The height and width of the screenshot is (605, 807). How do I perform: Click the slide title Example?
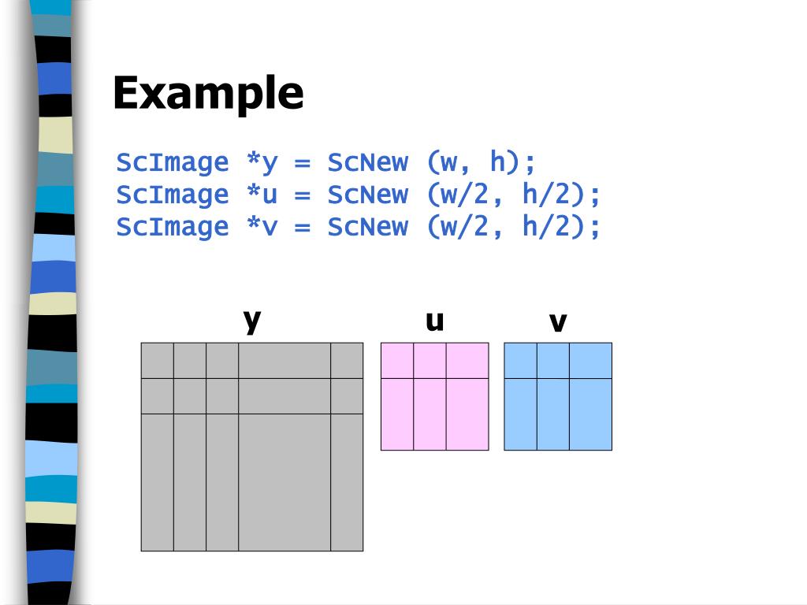point(208,93)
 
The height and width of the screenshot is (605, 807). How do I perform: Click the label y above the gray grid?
point(252,320)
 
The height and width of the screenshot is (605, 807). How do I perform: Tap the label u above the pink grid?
point(434,320)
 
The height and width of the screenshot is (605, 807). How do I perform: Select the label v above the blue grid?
point(558,321)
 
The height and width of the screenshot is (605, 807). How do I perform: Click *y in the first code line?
point(262,163)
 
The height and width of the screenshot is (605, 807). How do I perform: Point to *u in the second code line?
point(262,195)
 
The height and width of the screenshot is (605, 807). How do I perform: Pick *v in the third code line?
point(262,227)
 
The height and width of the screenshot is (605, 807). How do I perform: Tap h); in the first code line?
point(512,163)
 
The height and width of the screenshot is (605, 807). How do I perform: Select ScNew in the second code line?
point(367,195)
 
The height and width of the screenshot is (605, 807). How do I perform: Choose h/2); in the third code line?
point(561,227)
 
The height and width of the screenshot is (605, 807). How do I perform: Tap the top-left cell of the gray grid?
point(158,361)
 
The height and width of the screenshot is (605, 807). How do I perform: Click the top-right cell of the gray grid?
point(347,361)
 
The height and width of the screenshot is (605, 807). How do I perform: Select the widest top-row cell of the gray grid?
point(284,361)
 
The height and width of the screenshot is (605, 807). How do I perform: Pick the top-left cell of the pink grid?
point(397,361)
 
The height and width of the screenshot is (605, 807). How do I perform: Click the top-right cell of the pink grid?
point(467,361)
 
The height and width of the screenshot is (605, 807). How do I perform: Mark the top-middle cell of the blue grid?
point(553,361)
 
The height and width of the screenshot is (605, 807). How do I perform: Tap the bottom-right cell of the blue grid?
point(590,414)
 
